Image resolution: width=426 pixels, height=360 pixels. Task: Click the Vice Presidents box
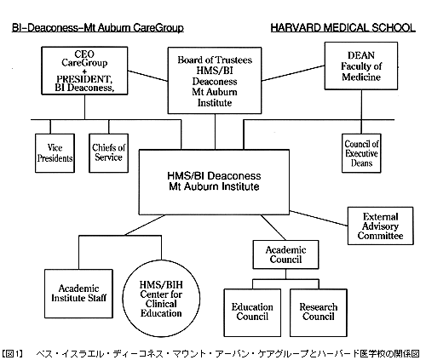(55, 153)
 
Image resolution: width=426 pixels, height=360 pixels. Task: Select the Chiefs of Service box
(108, 153)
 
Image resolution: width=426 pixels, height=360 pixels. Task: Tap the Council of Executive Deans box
(361, 153)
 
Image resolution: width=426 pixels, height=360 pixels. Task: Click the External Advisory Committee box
(380, 226)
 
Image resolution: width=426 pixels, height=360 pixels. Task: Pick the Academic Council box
(285, 254)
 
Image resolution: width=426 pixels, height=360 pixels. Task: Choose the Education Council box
(252, 312)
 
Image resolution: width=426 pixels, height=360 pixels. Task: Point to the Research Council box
(319, 312)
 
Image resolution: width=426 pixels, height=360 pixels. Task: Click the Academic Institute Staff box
(78, 294)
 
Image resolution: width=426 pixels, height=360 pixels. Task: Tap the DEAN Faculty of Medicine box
(361, 66)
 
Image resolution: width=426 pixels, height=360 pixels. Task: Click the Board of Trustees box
(215, 81)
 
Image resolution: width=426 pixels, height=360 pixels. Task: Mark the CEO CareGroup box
(84, 71)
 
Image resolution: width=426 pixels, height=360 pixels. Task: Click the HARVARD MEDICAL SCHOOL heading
(343, 28)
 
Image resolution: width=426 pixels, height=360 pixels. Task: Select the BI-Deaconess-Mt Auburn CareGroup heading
(98, 28)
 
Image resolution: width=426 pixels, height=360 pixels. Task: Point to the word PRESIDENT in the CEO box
(83, 79)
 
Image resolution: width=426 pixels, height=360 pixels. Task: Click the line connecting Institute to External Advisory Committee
(319, 218)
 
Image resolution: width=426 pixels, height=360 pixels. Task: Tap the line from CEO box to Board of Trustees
(147, 76)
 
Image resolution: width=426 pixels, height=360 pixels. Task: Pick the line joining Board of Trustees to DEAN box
(293, 73)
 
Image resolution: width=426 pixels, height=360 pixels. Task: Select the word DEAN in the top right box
(361, 55)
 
